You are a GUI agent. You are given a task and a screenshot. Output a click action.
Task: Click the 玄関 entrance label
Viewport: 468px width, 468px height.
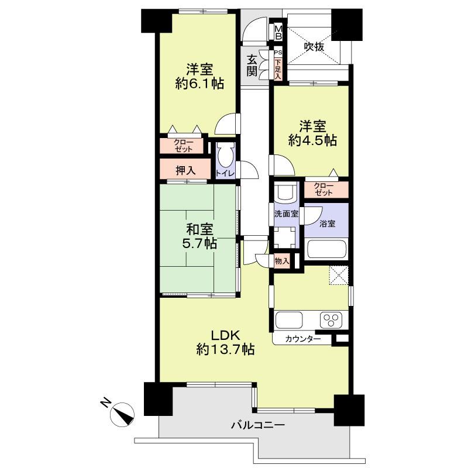252,65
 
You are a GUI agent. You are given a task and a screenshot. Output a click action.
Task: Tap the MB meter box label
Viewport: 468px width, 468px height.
278,32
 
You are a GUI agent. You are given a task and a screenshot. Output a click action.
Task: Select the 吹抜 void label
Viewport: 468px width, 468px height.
313,47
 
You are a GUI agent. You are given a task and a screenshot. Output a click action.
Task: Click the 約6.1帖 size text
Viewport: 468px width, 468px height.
199,84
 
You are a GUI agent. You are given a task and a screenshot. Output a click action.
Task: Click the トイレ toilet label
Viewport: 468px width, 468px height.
225,173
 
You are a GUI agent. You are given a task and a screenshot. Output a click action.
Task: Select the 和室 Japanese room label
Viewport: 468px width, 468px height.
199,228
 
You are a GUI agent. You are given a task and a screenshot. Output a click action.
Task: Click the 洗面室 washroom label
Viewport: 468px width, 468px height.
287,214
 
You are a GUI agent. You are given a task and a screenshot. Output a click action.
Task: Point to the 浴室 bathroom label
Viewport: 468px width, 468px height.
326,223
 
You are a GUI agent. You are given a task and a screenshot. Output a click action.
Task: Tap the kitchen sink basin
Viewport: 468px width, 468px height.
288,321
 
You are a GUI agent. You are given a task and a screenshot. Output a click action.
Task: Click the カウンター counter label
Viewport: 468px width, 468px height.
303,339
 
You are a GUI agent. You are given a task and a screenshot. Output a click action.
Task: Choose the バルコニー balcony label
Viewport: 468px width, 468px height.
257,425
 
